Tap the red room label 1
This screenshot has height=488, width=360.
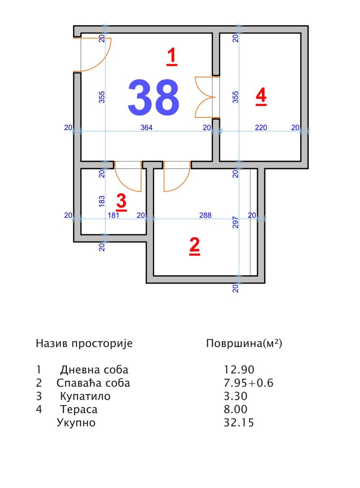pyautogui.click(x=172, y=56)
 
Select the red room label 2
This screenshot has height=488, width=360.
pyautogui.click(x=195, y=246)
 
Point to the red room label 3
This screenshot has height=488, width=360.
pyautogui.click(x=122, y=202)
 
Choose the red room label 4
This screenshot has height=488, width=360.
pyautogui.click(x=261, y=96)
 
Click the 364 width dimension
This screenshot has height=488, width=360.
pyautogui.click(x=146, y=127)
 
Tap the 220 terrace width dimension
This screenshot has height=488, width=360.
pyautogui.click(x=261, y=127)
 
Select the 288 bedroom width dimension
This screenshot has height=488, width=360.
pyautogui.click(x=206, y=215)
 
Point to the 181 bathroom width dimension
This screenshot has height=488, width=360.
pyautogui.click(x=113, y=215)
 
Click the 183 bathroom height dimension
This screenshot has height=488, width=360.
pyautogui.click(x=102, y=202)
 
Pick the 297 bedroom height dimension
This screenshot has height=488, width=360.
pyautogui.click(x=235, y=222)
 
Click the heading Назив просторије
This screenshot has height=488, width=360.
pyautogui.click(x=84, y=343)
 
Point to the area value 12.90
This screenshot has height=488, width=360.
pyautogui.click(x=239, y=370)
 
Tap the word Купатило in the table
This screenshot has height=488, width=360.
pyautogui.click(x=85, y=396)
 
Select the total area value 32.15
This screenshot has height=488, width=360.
pyautogui.click(x=239, y=422)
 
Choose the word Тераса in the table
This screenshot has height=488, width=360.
pyautogui.click(x=79, y=409)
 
